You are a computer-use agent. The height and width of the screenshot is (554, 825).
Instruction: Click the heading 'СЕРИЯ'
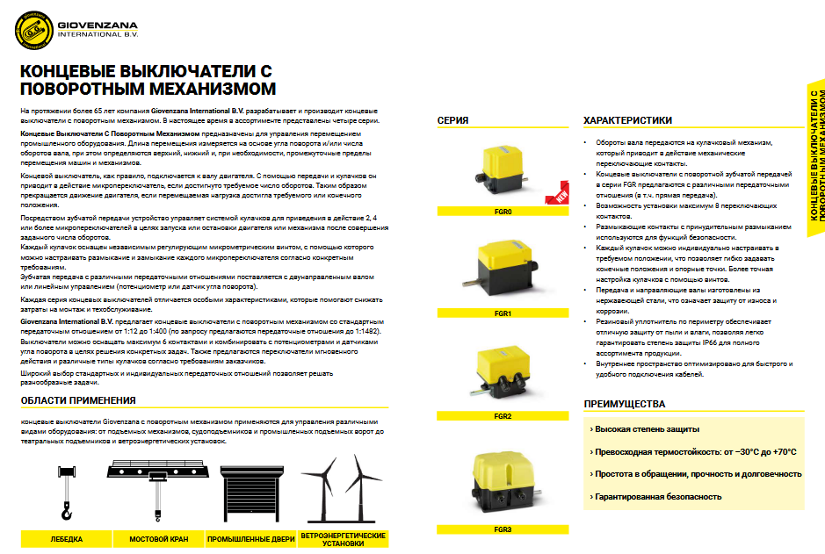(x=452, y=120)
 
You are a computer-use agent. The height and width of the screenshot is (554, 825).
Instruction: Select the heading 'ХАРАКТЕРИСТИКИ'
(x=627, y=120)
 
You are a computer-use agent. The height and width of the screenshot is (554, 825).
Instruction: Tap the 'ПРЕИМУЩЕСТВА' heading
(x=624, y=405)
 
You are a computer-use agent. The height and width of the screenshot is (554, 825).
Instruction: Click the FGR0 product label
(x=503, y=212)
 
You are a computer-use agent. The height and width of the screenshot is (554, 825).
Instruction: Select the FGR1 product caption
(x=503, y=313)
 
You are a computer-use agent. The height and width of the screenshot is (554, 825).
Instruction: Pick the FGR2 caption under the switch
(x=503, y=415)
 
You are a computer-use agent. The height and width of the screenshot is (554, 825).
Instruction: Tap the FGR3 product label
(x=503, y=529)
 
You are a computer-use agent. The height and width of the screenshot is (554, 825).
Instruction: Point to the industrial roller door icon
(x=250, y=494)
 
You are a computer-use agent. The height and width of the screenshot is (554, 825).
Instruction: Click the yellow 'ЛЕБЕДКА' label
(x=67, y=538)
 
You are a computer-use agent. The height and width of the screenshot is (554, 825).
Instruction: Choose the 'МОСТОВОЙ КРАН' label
(x=158, y=538)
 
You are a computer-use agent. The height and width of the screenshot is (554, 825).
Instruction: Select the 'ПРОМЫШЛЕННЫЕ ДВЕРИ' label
(x=250, y=538)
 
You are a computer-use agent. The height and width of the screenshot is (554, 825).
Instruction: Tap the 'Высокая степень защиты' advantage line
(x=647, y=429)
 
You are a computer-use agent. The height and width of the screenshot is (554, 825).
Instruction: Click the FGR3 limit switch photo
(x=503, y=483)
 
